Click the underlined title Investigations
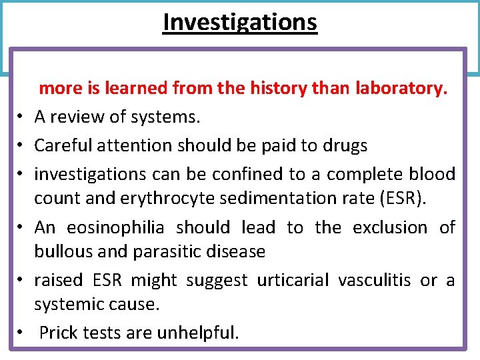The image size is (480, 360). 240,22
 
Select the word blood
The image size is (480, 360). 431,174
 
